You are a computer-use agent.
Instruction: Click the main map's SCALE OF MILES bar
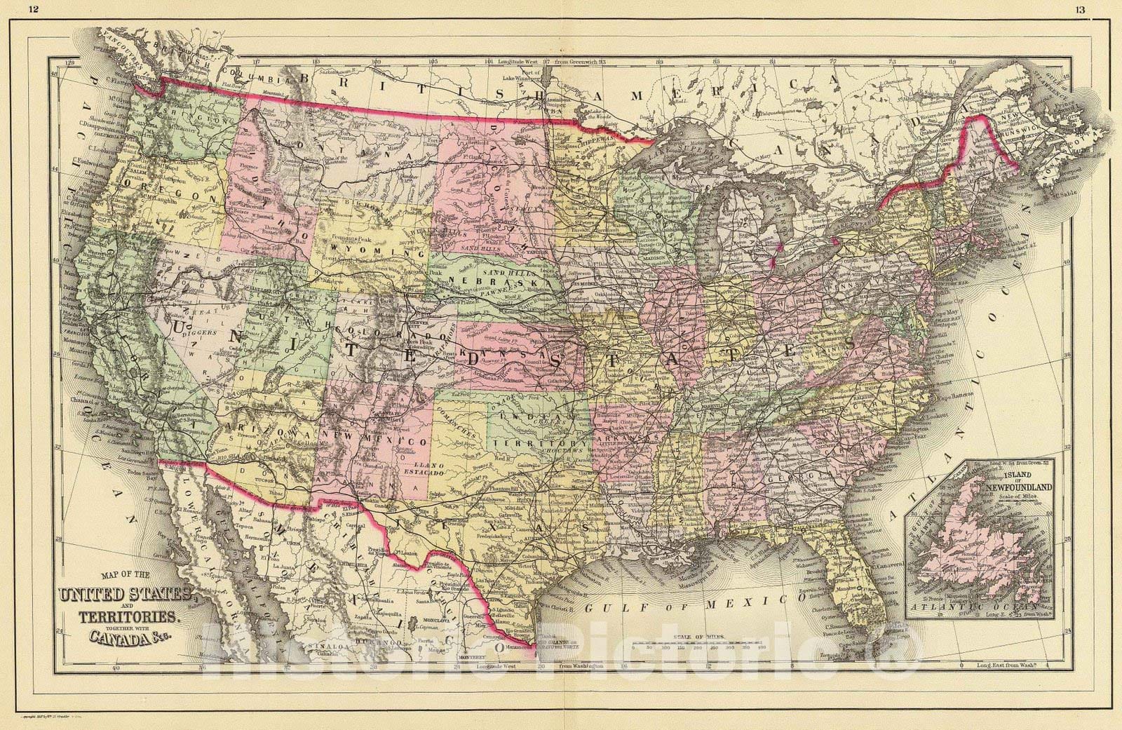tap(680, 646)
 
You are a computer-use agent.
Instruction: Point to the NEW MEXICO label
tap(375, 440)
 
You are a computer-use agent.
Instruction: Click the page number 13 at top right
tap(1079, 9)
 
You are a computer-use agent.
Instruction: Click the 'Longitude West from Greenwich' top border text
tap(554, 62)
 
